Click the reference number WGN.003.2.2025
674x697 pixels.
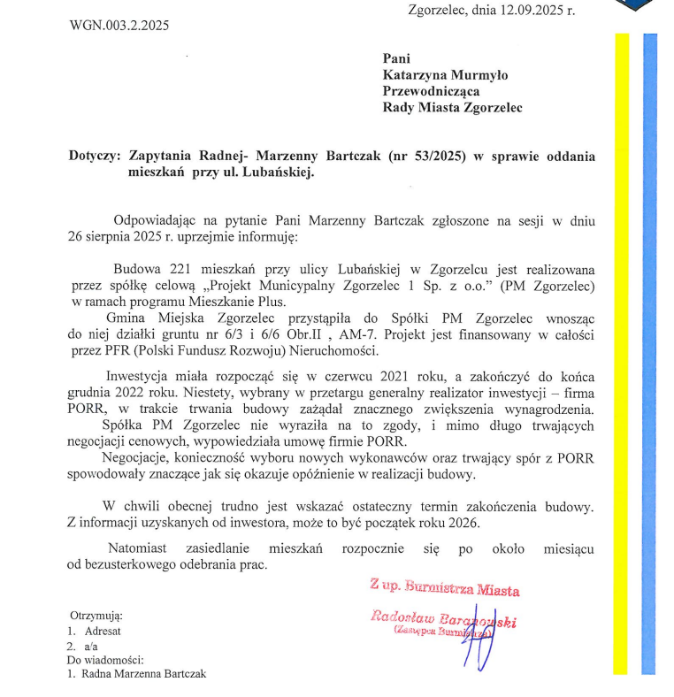tap(119, 25)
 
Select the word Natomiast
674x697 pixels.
tap(142, 548)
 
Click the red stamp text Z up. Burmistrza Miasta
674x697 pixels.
tap(446, 587)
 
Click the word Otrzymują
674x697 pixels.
tap(96, 615)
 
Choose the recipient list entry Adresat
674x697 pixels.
tap(103, 631)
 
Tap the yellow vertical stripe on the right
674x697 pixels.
tap(622, 354)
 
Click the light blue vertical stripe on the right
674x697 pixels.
tap(649, 354)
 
